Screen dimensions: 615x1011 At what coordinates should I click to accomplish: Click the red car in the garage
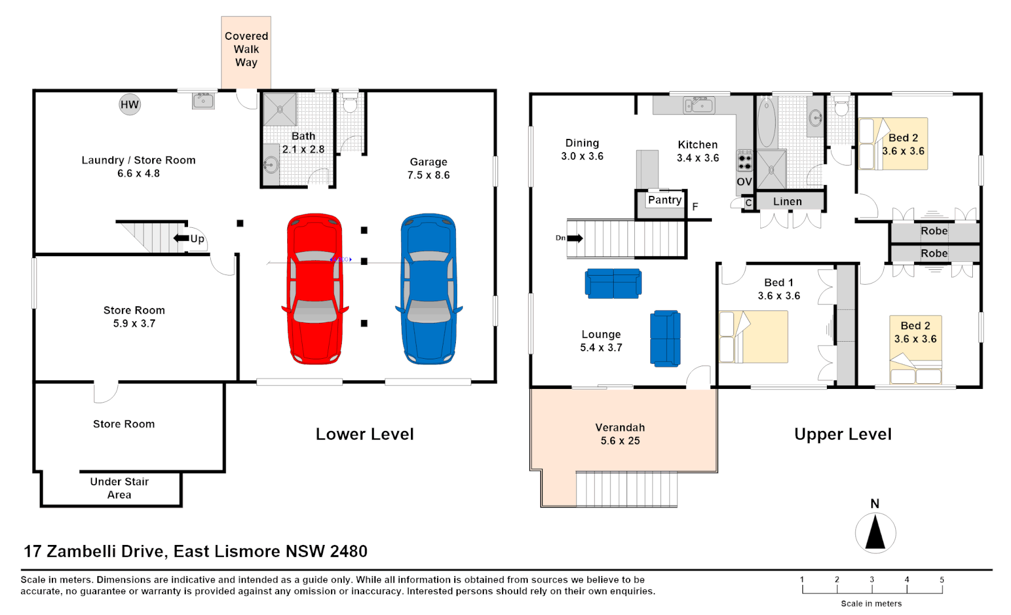315,289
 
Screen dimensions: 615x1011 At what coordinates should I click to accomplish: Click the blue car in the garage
429,289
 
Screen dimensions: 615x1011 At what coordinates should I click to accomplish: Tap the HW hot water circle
129,105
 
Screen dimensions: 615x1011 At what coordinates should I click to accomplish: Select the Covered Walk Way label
246,50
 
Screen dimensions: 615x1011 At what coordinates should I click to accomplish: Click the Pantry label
665,200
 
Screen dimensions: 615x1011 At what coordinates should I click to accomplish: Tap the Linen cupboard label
787,202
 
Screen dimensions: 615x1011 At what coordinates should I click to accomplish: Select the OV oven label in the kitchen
744,182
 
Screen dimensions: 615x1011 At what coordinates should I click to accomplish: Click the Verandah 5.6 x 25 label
620,434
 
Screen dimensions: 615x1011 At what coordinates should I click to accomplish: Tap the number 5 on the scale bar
941,580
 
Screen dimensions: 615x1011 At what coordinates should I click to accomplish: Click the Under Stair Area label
119,488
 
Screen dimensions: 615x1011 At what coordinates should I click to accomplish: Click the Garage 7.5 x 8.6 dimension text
429,175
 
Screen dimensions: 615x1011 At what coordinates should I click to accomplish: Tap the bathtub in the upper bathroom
767,122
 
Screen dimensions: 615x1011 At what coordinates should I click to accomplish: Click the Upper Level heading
842,434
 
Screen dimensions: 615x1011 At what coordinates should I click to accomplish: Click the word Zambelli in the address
107,551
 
